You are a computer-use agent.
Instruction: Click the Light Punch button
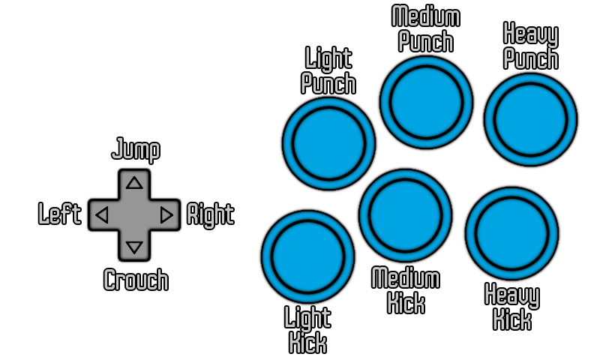pyautogui.click(x=328, y=143)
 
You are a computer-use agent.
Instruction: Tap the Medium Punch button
pyautogui.click(x=426, y=102)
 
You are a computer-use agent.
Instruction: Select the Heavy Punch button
pyautogui.click(x=530, y=118)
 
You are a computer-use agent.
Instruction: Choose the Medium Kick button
pyautogui.click(x=405, y=215)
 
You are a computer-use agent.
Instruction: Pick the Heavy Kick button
pyautogui.click(x=511, y=232)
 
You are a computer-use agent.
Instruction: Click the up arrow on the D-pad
pyautogui.click(x=134, y=182)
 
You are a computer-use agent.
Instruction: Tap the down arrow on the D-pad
pyautogui.click(x=134, y=247)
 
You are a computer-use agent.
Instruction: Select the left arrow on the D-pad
pyautogui.click(x=102, y=215)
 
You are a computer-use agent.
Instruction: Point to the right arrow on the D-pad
pyautogui.click(x=166, y=215)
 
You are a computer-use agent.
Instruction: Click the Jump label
pyautogui.click(x=135, y=150)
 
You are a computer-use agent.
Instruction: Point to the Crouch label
pyautogui.click(x=135, y=280)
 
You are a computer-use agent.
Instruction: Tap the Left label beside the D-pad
pyautogui.click(x=59, y=215)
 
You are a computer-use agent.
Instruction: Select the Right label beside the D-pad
pyautogui.click(x=210, y=215)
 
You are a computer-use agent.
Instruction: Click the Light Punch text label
pyautogui.click(x=328, y=70)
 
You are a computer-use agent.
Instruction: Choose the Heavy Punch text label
pyautogui.click(x=530, y=46)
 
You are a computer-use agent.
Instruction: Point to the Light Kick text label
pyautogui.click(x=307, y=330)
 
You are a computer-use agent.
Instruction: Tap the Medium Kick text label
pyautogui.click(x=406, y=291)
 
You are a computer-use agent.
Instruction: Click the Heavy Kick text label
pyautogui.click(x=511, y=307)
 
